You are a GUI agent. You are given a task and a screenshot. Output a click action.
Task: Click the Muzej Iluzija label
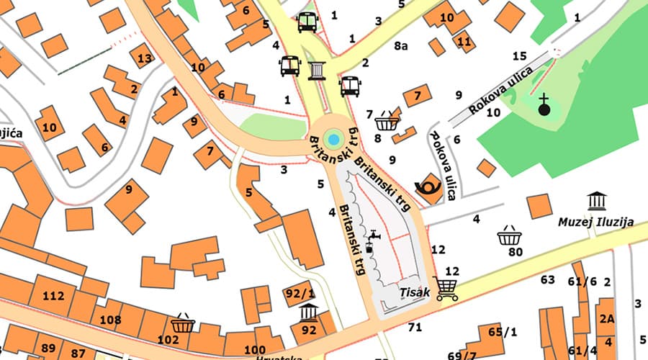tap(596, 222)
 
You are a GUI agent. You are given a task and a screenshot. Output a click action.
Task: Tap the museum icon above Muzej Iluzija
tap(597, 201)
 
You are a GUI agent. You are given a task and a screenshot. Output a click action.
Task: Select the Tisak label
tap(415, 293)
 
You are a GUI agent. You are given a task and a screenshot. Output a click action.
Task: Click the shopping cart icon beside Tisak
tap(446, 288)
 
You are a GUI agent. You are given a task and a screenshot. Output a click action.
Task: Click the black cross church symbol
tap(544, 106)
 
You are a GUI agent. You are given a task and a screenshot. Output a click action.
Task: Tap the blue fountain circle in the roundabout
tap(333, 138)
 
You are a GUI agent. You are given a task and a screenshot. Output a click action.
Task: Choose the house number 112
tap(53, 296)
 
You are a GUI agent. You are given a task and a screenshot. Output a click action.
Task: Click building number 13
tap(144, 58)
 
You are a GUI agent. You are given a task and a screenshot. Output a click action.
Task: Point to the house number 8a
tap(401, 46)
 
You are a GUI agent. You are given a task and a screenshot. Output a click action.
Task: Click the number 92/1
tap(300, 293)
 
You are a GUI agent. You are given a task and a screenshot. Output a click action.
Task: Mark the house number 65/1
tap(503, 332)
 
